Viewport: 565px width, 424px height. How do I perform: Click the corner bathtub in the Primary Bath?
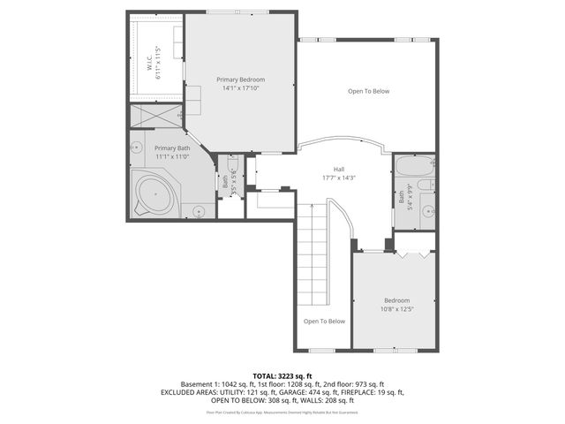point(155,193)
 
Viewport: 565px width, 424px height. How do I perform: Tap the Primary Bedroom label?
point(240,79)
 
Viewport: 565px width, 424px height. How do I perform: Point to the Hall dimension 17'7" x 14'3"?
point(338,178)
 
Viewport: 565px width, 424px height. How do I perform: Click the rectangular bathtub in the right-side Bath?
point(412,166)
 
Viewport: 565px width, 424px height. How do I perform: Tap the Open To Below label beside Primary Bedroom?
point(368,91)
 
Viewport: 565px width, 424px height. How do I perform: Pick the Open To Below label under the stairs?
point(324,321)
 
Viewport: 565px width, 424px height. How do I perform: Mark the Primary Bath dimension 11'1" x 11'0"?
point(172,156)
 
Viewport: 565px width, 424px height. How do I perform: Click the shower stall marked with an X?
point(156,117)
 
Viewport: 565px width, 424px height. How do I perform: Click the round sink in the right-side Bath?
point(428,211)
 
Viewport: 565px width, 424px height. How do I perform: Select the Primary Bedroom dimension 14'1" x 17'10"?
point(240,88)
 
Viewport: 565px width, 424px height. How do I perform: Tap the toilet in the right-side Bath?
point(424,185)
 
